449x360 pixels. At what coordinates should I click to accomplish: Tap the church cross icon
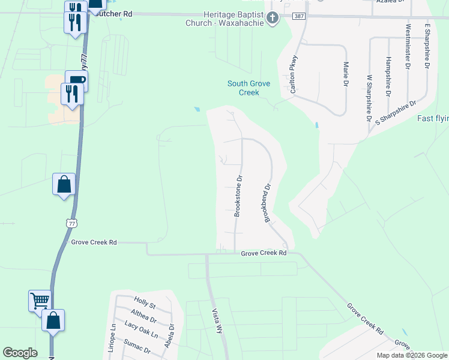pyautogui.click(x=273, y=18)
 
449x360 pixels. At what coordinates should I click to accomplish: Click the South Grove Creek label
pyautogui.click(x=252, y=88)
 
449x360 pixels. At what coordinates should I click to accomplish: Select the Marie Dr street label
pyautogui.click(x=346, y=73)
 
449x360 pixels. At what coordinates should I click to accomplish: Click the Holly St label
pyautogui.click(x=145, y=304)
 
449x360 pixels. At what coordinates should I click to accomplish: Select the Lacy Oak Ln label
pyautogui.click(x=141, y=335)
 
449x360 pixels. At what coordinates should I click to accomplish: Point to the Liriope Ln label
pyautogui.click(x=113, y=338)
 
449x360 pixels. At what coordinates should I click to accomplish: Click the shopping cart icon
pyautogui.click(x=40, y=299)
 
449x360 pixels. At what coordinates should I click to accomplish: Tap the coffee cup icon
pyautogui.click(x=76, y=79)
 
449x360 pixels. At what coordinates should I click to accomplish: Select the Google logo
pyautogui.click(x=20, y=353)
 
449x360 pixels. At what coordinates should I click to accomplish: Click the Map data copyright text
pyautogui.click(x=411, y=355)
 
